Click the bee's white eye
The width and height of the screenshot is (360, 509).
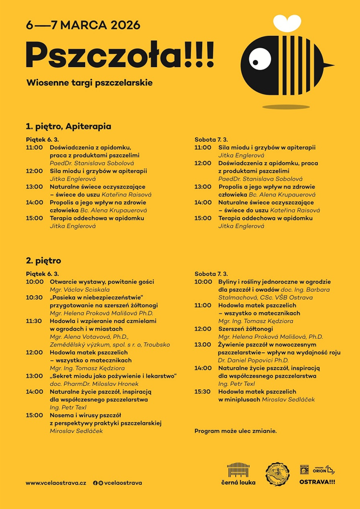[x=257, y=57]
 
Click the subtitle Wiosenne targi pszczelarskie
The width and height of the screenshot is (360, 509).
[x=90, y=83]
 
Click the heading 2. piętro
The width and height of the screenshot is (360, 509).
[x=43, y=261]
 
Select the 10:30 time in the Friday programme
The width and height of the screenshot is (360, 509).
[x=34, y=298]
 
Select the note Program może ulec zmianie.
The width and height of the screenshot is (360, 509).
[x=236, y=431]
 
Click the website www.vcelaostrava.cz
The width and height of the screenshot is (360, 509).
[x=56, y=482]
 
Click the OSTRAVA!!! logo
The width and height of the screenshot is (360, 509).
[x=317, y=482]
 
